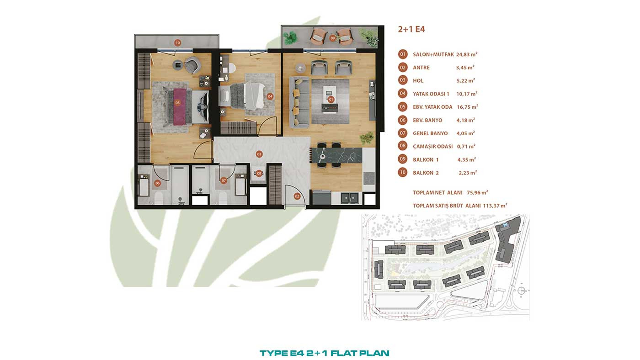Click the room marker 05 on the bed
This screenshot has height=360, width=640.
tap(177, 103)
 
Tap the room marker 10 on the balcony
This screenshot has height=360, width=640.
tap(178, 43)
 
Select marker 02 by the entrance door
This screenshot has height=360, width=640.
tap(297, 196)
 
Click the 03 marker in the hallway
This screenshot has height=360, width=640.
tap(259, 154)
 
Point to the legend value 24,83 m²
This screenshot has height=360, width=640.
tap(467, 54)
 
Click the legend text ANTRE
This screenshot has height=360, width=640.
tap(421, 68)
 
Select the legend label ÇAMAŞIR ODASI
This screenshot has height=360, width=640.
tap(433, 146)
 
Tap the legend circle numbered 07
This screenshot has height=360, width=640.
tap(403, 133)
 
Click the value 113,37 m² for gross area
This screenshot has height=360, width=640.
tap(495, 205)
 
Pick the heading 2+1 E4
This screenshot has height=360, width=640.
tap(411, 29)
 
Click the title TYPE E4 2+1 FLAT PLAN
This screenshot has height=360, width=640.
tap(324, 353)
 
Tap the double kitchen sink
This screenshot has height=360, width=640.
tap(349, 198)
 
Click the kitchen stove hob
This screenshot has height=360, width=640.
tap(369, 178)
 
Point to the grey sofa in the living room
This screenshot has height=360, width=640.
tap(299, 102)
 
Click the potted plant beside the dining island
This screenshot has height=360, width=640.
tap(367, 138)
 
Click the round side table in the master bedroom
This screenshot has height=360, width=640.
tap(178, 65)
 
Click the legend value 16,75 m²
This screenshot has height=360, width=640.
tap(467, 107)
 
